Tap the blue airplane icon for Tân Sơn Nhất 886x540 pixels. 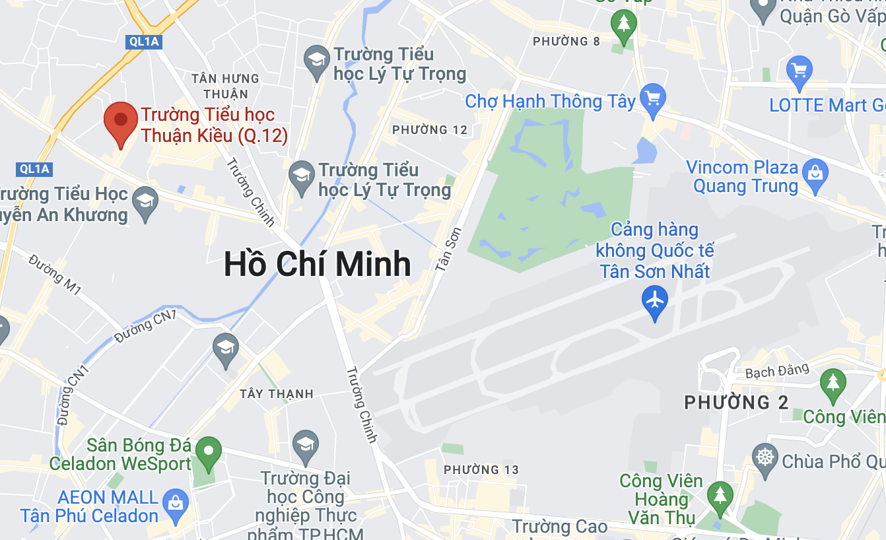point(655,300)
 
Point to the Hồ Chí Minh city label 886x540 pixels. point(318,264)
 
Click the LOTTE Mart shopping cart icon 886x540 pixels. point(800,69)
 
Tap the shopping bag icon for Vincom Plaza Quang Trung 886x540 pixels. point(815,174)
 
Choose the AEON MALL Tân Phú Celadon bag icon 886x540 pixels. point(176,503)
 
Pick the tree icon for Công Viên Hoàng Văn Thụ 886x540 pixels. point(720,495)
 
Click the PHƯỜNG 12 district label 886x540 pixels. point(430,130)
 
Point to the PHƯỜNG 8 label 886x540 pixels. point(566,42)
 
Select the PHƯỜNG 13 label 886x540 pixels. point(481,470)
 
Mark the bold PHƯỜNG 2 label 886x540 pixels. point(736,402)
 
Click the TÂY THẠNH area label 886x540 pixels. point(277,394)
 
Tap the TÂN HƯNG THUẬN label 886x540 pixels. point(225,86)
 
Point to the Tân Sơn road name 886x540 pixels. point(448,250)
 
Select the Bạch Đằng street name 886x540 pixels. point(777,372)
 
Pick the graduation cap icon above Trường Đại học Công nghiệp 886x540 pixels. point(306,444)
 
